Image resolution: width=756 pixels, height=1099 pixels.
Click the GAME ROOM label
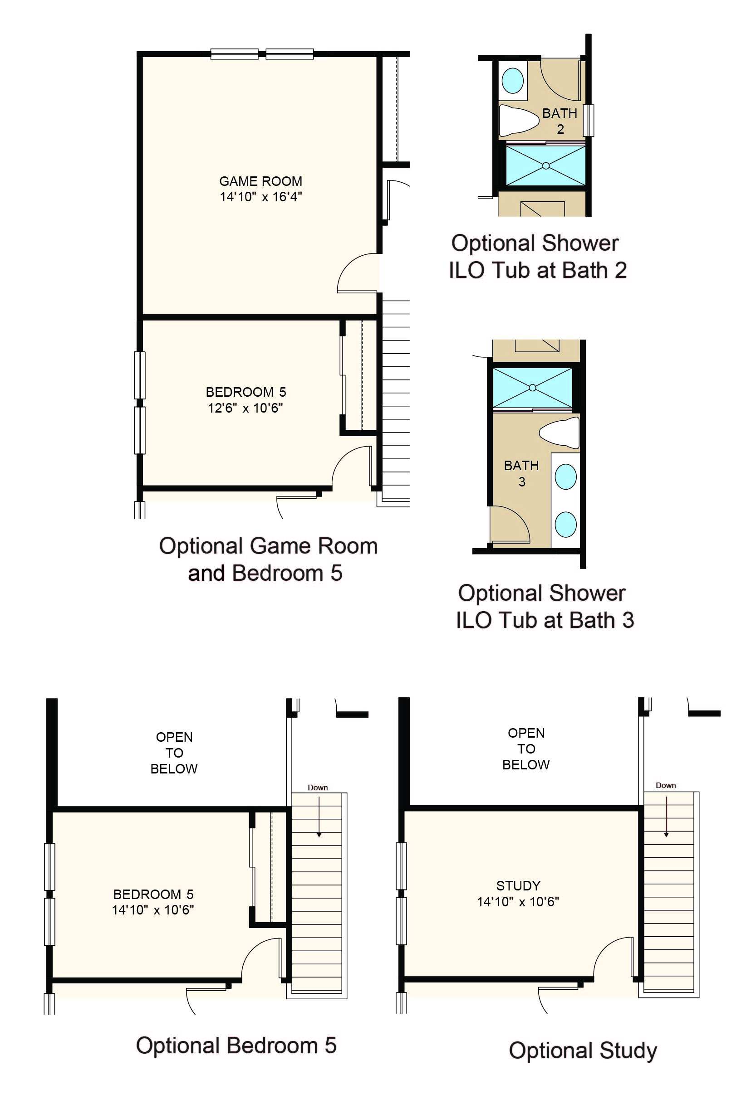260,181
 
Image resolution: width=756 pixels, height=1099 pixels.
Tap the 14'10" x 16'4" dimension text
260,197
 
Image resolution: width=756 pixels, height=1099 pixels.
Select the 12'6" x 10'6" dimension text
245,408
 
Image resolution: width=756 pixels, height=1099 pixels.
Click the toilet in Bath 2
519,120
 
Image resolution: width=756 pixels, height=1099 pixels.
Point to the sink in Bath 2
512,80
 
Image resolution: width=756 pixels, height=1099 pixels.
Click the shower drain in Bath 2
546,165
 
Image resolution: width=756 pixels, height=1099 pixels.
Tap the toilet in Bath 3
560,433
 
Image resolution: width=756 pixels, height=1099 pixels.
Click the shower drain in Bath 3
532,388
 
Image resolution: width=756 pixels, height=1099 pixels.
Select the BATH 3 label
521,473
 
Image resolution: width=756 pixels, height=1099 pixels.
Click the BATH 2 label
560,121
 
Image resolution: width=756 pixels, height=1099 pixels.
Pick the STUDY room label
518,885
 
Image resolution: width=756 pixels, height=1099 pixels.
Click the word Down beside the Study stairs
666,785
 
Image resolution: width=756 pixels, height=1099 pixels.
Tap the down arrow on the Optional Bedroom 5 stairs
319,817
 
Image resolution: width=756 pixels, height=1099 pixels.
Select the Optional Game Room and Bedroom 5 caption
268,559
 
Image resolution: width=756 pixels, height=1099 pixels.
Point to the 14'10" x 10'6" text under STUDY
518,902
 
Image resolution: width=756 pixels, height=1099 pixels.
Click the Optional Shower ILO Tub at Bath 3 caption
545,606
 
